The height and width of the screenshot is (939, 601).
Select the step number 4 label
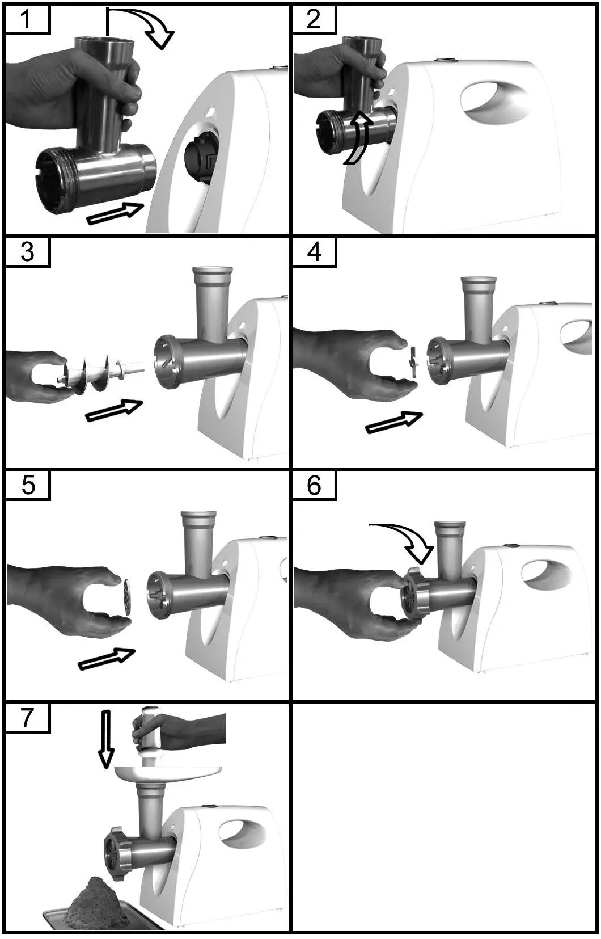pos(314,252)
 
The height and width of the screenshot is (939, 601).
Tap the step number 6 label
pos(314,486)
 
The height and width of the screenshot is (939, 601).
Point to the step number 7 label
pos(27,718)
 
